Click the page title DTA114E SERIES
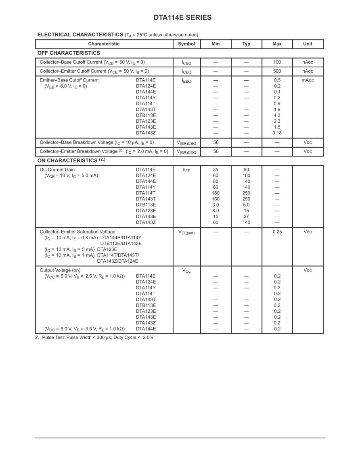click(x=182, y=18)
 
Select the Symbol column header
click(x=186, y=44)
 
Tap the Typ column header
click(x=246, y=44)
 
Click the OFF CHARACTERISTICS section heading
click(x=69, y=53)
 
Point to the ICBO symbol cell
click(x=186, y=63)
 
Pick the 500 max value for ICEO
click(x=277, y=71)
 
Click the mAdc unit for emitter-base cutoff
click(x=308, y=80)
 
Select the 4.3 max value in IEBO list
click(x=277, y=115)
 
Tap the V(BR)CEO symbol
click(x=186, y=152)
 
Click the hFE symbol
click(x=186, y=170)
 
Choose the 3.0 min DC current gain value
click(x=216, y=205)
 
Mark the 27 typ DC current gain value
click(x=246, y=217)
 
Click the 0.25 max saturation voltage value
click(x=277, y=232)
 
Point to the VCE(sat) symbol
click(x=186, y=232)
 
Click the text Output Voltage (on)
click(x=60, y=270)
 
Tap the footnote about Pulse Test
click(x=94, y=338)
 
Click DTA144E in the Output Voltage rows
click(x=146, y=329)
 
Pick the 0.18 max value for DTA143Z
click(x=277, y=133)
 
